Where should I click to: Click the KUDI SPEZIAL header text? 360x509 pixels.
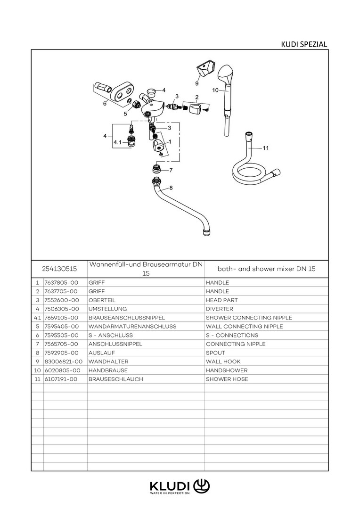[x=304, y=44]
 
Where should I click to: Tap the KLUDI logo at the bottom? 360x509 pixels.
[x=180, y=487]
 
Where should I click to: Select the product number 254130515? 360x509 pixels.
[x=59, y=269]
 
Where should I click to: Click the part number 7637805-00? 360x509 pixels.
[x=62, y=283]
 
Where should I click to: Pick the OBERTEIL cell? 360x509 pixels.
[x=102, y=300]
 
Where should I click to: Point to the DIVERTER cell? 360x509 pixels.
[x=220, y=309]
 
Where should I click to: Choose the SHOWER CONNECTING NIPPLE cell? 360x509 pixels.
[x=249, y=318]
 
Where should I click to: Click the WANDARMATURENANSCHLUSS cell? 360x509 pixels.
[x=132, y=327]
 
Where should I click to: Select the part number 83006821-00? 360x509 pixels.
[x=64, y=361]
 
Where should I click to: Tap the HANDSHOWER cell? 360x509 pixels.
[x=227, y=370]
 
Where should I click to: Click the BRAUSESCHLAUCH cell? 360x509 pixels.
[x=115, y=379]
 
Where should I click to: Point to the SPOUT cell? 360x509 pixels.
[x=215, y=353]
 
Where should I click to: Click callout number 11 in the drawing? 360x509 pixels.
[x=266, y=148]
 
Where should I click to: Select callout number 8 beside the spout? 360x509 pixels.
[x=171, y=188]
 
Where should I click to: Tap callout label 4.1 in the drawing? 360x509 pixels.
[x=117, y=142]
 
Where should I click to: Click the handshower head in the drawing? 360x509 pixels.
[x=225, y=74]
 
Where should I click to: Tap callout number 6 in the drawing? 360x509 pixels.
[x=105, y=104]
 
